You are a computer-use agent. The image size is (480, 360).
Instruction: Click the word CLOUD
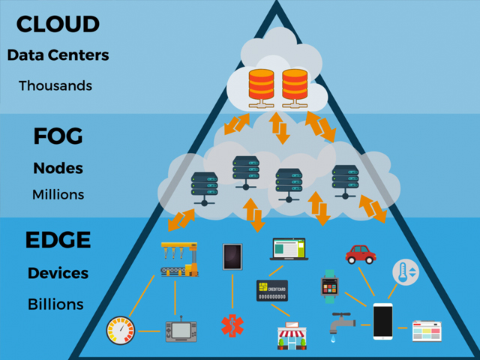(58, 23)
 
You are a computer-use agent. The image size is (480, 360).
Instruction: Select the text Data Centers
(58, 55)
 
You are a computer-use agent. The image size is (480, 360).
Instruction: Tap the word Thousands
(55, 85)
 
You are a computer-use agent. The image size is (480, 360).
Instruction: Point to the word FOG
(58, 136)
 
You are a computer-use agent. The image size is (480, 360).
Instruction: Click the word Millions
(58, 194)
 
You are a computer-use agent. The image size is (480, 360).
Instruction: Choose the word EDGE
(58, 241)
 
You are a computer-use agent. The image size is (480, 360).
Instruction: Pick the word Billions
(56, 304)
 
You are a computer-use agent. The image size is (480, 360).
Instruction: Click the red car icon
(361, 253)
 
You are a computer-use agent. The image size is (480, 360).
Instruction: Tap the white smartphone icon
(382, 320)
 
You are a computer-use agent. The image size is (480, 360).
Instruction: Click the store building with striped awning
(291, 335)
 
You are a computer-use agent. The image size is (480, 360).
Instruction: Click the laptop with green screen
(289, 249)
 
